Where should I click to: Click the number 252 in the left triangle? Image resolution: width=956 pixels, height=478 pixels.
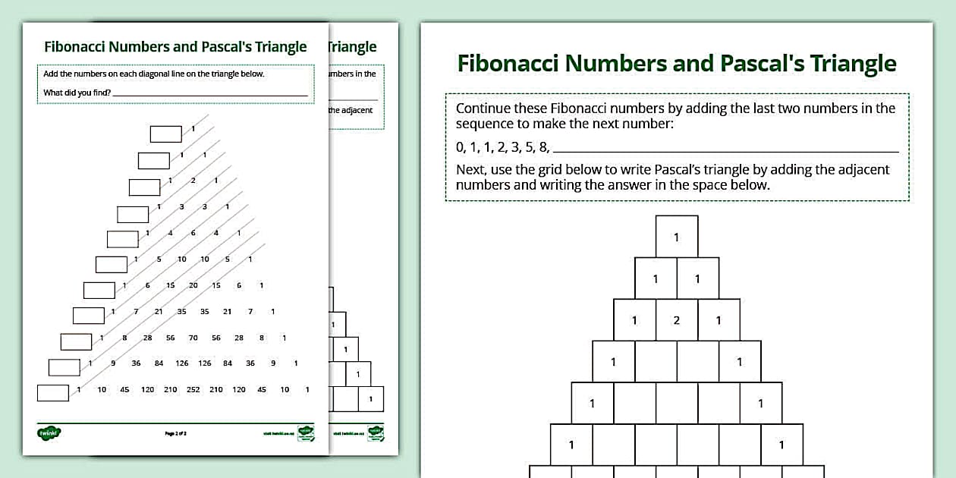[193, 390]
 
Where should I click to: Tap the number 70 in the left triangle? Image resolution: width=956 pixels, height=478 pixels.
[193, 338]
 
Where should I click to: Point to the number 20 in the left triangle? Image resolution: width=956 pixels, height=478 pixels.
[193, 286]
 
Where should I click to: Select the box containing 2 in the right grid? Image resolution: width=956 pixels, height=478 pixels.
[677, 320]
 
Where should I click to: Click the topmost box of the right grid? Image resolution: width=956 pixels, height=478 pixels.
[677, 237]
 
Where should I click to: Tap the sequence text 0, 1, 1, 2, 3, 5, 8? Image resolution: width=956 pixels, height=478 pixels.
[502, 147]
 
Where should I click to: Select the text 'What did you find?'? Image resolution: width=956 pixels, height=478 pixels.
[77, 93]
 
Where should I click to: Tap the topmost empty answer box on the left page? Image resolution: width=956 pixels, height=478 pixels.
[166, 134]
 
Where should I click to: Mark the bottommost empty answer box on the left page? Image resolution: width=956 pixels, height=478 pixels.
[53, 393]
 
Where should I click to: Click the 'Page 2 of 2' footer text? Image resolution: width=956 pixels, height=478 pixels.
[175, 433]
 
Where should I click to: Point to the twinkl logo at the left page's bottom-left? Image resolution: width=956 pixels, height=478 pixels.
[49, 433]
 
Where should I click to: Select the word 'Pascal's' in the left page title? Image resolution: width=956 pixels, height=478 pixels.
[228, 46]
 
